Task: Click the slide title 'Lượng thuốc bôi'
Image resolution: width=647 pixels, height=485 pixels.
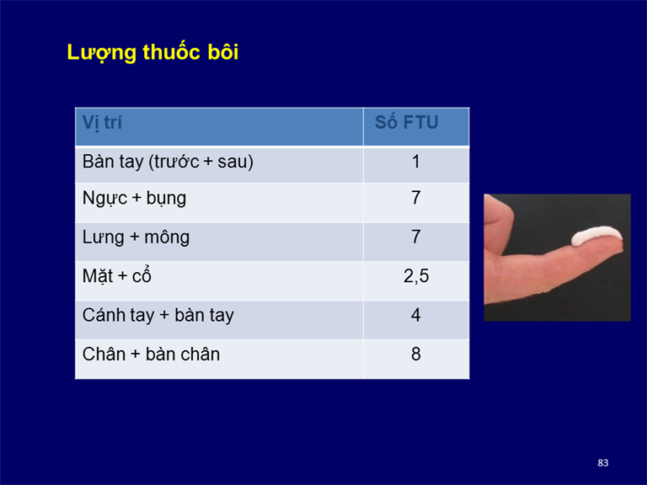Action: (x=152, y=53)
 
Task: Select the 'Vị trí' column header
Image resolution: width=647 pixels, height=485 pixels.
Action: (x=102, y=123)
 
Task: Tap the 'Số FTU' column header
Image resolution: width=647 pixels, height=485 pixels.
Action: (x=406, y=122)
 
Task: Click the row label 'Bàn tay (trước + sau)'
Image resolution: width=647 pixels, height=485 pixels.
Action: (x=168, y=162)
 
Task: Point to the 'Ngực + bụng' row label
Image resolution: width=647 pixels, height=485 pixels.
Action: (x=134, y=199)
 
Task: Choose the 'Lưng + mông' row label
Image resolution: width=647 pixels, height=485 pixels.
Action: (x=136, y=237)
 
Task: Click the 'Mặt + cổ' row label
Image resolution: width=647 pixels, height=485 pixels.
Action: (x=117, y=275)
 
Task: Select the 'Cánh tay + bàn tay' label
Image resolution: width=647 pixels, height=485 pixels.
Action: (x=158, y=316)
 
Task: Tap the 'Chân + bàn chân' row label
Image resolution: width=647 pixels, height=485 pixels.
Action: (x=151, y=354)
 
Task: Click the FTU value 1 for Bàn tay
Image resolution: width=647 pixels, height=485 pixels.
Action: (x=416, y=162)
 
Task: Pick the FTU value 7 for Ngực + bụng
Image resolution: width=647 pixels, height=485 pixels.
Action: (x=416, y=198)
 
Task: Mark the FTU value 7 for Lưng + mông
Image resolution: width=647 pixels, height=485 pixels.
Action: (x=416, y=237)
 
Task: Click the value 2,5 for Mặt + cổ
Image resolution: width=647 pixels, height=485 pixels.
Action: (x=416, y=276)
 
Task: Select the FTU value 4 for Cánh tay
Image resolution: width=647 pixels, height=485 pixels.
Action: (x=416, y=315)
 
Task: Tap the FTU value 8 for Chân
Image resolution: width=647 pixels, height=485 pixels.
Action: (x=416, y=354)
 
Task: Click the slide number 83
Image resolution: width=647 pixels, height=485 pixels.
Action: (x=603, y=463)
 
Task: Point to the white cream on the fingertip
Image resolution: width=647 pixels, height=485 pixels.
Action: (x=596, y=235)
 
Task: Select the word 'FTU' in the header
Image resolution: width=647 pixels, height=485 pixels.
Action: (x=420, y=122)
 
